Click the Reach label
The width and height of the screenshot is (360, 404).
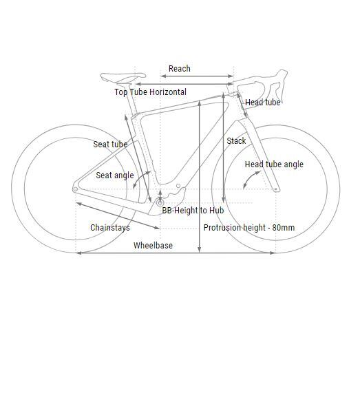(x=180, y=69)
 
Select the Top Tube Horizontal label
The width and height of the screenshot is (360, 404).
(x=151, y=92)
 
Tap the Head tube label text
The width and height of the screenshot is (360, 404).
(x=262, y=103)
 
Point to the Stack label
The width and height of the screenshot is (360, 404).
(x=236, y=141)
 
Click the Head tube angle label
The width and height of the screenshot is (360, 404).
(x=274, y=164)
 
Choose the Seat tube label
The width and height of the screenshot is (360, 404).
(x=110, y=145)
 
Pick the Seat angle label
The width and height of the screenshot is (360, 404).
(x=115, y=176)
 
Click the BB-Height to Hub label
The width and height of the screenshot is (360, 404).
(x=193, y=211)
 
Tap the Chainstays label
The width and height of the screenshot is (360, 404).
(x=110, y=228)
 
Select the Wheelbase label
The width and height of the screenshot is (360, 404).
(x=153, y=245)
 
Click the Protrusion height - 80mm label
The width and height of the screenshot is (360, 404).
(x=249, y=228)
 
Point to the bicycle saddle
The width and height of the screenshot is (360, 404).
(x=123, y=77)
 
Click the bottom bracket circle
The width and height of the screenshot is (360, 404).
(x=160, y=203)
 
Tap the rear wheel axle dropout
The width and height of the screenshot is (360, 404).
(x=76, y=189)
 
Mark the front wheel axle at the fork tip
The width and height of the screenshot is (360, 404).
(x=275, y=189)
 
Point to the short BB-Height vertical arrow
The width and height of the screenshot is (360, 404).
(x=160, y=196)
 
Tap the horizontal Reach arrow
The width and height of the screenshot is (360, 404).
(x=197, y=76)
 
